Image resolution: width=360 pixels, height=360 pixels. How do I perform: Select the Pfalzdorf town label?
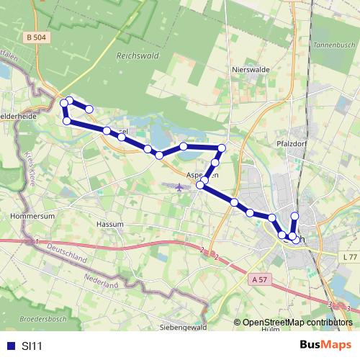point(293,143)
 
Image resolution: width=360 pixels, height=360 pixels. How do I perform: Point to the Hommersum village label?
point(28,215)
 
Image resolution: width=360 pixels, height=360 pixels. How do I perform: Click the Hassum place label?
point(110,225)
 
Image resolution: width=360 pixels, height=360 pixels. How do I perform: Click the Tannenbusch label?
point(330,45)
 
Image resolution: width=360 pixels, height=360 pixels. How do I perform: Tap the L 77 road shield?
point(349,257)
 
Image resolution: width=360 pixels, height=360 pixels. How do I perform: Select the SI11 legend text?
point(32,346)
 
